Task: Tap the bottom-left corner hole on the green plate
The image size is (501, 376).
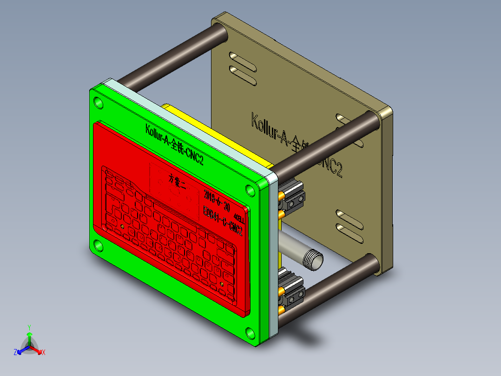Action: click(98, 245)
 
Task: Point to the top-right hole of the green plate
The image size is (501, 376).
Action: click(250, 190)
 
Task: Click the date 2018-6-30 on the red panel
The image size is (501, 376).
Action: click(217, 200)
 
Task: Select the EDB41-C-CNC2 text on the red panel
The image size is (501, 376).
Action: click(223, 221)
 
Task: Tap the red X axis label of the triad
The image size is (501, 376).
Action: click(44, 353)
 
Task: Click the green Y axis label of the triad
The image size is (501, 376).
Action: click(29, 327)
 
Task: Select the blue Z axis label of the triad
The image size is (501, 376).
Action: click(15, 353)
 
